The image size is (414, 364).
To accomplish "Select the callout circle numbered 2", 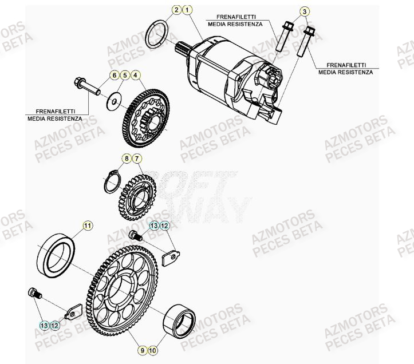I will point(177,10).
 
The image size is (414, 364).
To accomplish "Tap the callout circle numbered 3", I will point(305,12).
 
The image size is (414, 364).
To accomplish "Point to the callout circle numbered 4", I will point(135,75).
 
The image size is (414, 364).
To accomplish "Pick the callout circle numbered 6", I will point(113,75).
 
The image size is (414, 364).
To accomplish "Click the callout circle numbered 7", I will point(137,157).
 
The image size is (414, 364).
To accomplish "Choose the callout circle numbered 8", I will point(126,157).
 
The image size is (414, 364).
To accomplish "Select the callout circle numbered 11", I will point(87,226).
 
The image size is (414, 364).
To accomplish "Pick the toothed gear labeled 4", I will point(143,117).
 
